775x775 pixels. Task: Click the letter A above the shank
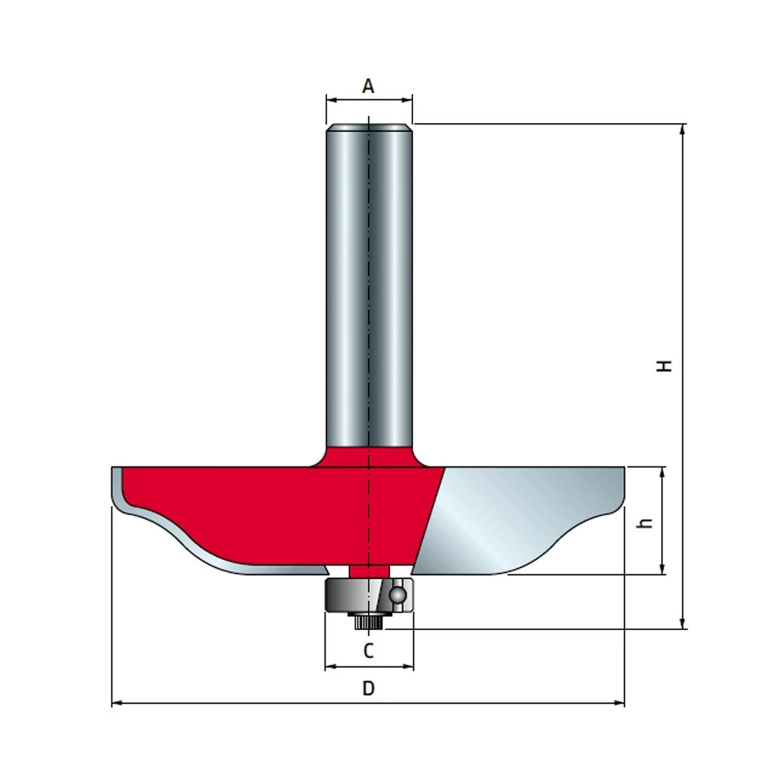coord(368,86)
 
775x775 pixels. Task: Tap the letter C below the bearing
coord(369,650)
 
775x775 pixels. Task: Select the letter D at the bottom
coord(369,688)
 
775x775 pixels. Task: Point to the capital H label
coord(664,366)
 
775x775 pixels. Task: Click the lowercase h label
coord(643,523)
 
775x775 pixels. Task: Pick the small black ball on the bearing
coord(398,594)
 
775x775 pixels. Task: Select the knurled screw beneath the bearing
coord(369,620)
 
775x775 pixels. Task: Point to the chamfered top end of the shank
coord(369,128)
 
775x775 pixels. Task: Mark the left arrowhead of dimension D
coord(116,703)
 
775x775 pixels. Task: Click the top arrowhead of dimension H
coord(683,129)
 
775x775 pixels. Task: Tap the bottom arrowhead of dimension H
coord(683,624)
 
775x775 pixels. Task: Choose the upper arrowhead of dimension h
coord(662,471)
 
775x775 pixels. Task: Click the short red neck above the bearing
coord(369,570)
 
